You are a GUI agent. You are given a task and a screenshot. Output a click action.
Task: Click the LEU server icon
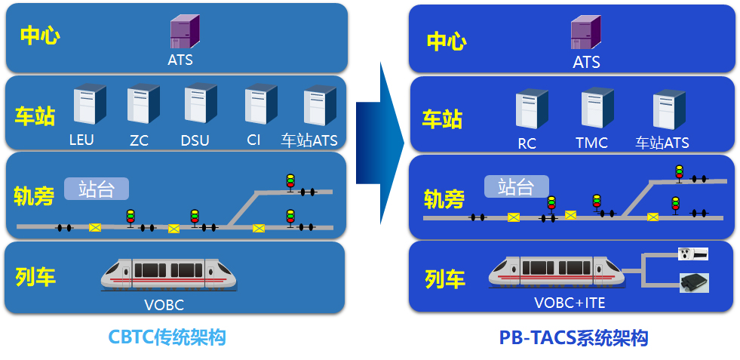(89, 105)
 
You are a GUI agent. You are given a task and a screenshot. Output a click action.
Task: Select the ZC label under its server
(139, 140)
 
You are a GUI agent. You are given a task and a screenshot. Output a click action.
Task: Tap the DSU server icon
(200, 104)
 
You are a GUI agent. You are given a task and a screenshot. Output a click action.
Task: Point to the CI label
(253, 140)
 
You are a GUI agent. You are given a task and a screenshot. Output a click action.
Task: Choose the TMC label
(591, 143)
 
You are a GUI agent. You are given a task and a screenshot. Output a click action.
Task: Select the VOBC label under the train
(164, 306)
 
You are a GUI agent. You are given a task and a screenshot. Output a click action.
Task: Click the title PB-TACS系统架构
(573, 338)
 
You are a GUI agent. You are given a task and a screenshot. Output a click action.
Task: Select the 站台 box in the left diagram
(97, 188)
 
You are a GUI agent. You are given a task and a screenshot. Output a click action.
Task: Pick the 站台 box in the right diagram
(517, 186)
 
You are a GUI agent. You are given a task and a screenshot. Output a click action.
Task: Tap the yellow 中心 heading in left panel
(39, 35)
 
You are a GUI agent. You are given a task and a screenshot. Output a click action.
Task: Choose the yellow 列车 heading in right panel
(444, 279)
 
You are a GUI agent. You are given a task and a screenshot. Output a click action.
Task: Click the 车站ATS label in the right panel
(662, 143)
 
